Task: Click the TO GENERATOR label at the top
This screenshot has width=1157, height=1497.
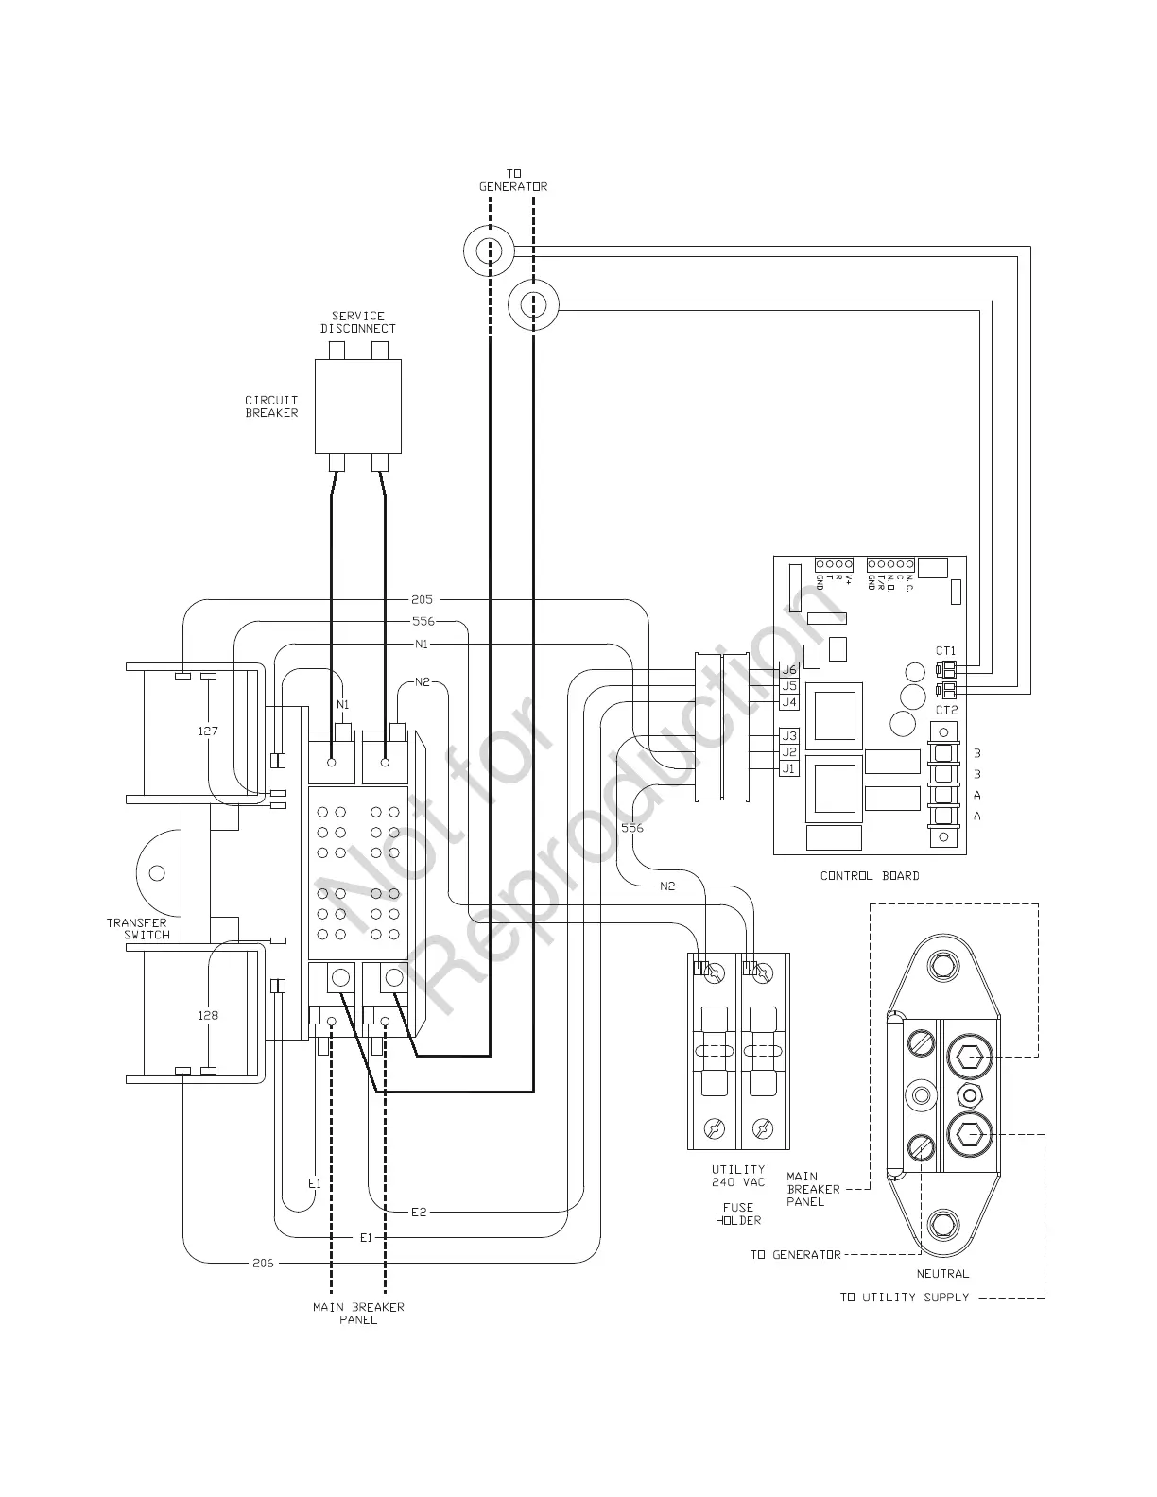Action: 513,180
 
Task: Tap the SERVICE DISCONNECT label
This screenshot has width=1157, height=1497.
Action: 358,322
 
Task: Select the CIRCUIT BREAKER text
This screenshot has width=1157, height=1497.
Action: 272,406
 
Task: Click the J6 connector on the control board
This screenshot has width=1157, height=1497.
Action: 789,669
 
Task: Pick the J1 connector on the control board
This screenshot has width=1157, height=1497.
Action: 789,768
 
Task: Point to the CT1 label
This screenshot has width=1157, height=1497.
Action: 946,651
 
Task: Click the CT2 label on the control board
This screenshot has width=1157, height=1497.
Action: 946,710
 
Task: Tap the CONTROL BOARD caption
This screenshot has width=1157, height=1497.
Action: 869,875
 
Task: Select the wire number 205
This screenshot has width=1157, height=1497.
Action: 423,599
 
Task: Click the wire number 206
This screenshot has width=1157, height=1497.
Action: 263,1263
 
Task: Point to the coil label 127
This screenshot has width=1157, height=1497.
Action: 208,731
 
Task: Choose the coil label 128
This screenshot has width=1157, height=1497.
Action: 208,1015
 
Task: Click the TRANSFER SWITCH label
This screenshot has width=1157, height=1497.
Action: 137,928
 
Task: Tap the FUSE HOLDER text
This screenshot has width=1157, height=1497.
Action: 738,1213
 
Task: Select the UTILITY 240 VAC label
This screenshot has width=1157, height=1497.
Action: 738,1176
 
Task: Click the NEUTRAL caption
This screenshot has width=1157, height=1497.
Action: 942,1273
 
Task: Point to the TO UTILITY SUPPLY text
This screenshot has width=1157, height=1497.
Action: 905,1297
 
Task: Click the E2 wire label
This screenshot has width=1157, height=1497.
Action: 419,1212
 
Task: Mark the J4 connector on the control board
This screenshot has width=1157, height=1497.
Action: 789,702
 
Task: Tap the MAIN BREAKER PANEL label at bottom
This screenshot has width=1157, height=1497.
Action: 358,1313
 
